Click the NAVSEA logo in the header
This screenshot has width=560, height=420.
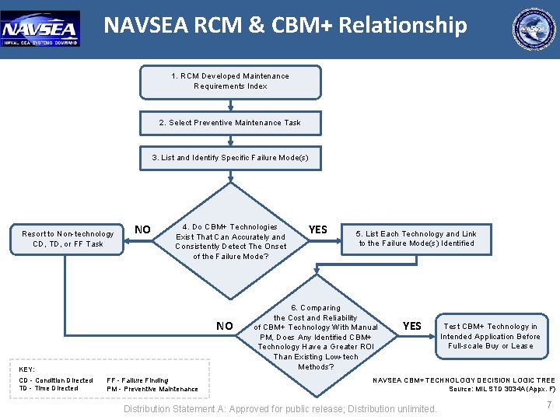(x=40, y=29)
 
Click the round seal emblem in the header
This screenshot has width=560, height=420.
(x=534, y=30)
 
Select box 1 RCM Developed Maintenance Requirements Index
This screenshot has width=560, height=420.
(x=230, y=82)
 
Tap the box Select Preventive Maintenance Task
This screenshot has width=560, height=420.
(x=230, y=123)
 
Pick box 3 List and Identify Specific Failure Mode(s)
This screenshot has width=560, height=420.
(x=230, y=158)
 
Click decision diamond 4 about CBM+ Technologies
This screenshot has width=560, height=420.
(x=230, y=241)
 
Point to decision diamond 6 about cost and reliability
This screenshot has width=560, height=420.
(x=316, y=337)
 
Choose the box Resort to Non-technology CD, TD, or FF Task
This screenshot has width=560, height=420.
(x=68, y=239)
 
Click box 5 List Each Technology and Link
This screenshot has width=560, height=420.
(x=416, y=239)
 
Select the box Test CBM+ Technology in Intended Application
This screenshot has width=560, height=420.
(x=490, y=336)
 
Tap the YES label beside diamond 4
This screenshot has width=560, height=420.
(x=318, y=229)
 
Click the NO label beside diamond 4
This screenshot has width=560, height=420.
(x=143, y=229)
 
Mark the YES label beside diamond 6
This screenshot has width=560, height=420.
(x=412, y=326)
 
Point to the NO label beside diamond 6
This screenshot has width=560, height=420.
(x=224, y=326)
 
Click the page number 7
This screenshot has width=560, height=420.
(x=549, y=404)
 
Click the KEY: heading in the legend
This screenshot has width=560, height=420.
(x=27, y=369)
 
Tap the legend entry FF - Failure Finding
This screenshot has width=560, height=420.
(x=137, y=380)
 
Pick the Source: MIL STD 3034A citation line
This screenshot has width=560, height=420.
(x=502, y=389)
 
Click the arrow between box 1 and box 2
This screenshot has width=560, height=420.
(x=230, y=105)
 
